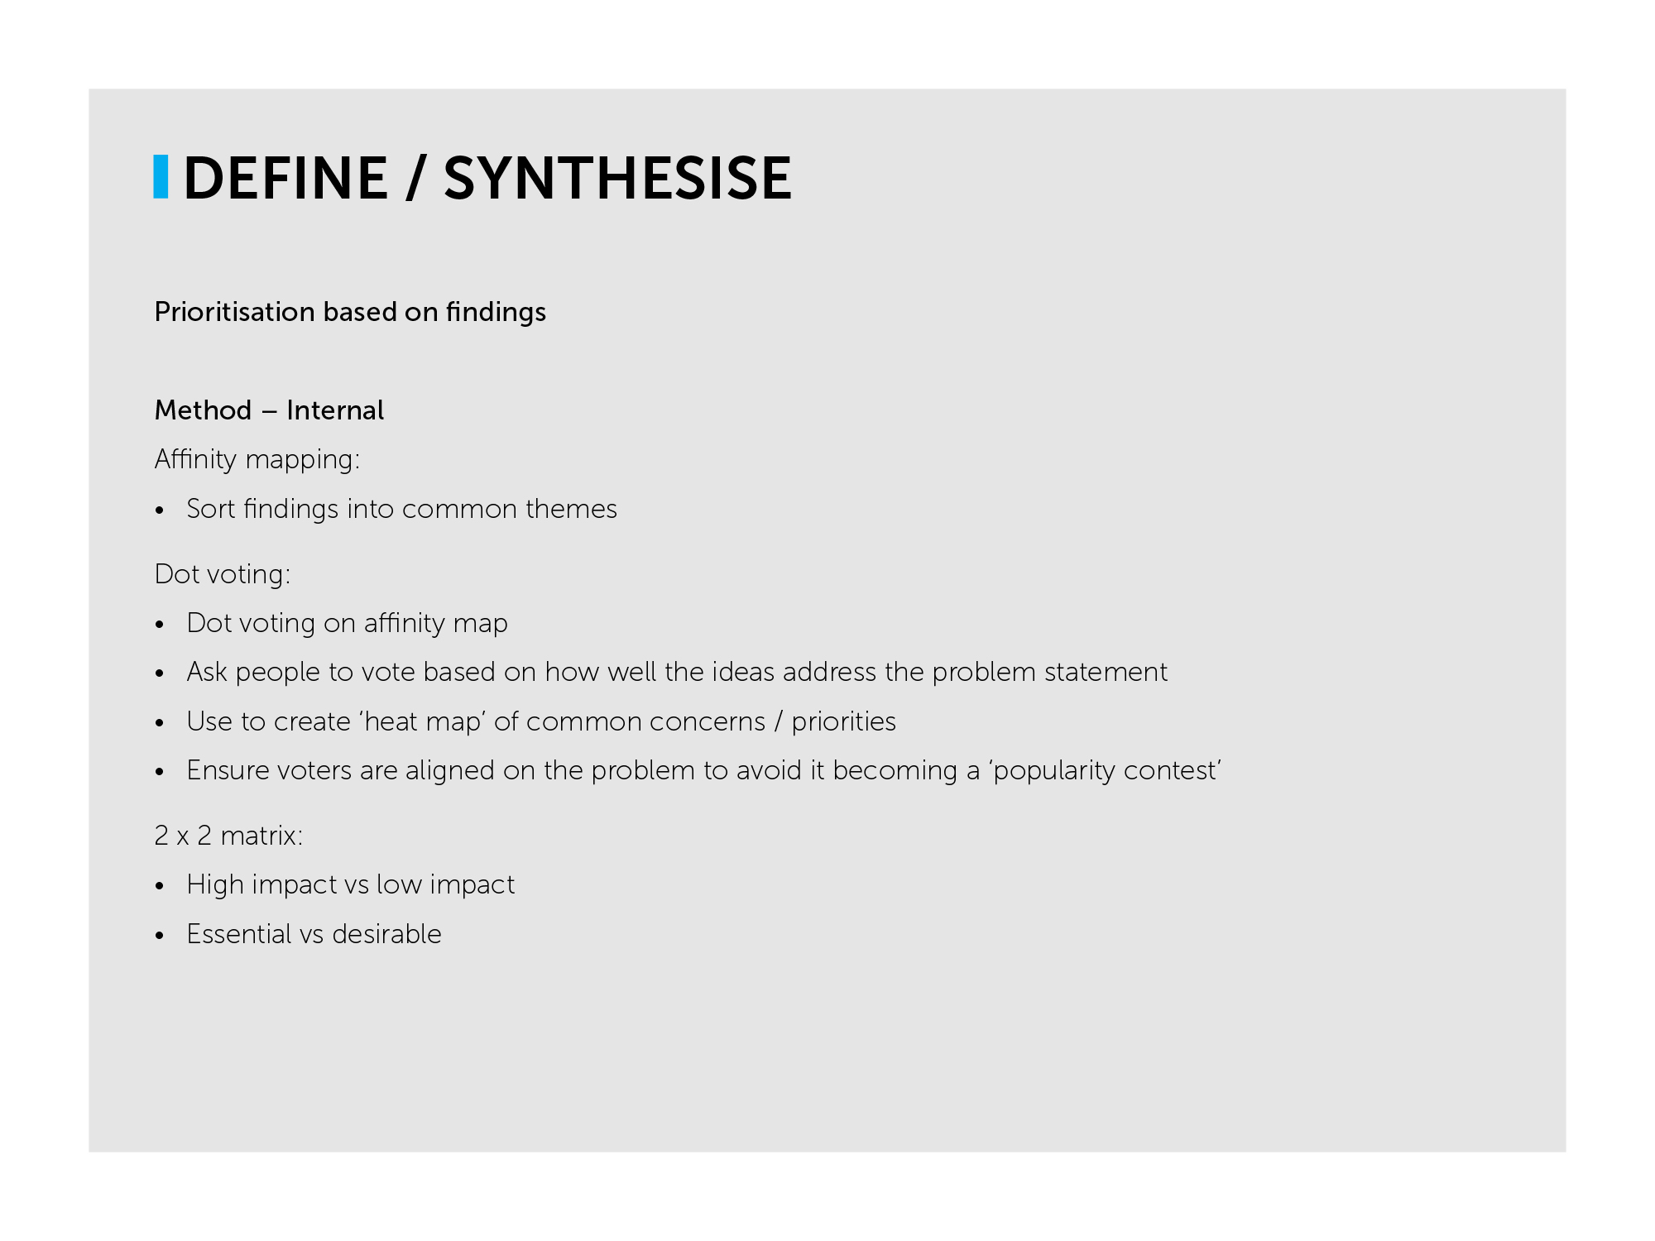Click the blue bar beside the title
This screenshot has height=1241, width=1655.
pos(161,177)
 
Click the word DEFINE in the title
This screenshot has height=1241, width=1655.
pos(285,178)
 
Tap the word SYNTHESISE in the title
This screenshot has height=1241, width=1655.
pos(618,178)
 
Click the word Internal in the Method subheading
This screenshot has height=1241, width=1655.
pos(335,410)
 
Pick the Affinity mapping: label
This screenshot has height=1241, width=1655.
pos(257,459)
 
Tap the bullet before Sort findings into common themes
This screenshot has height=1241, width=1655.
pos(161,510)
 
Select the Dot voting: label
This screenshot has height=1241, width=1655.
pos(223,574)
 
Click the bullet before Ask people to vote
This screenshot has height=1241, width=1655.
pos(161,673)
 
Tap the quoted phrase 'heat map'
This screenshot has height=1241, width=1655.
pos(422,721)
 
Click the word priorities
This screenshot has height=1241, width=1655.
pos(843,721)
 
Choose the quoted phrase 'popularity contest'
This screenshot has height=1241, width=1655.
pos(1106,770)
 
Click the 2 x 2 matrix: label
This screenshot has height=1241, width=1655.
pos(228,836)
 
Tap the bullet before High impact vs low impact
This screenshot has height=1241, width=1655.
pos(161,886)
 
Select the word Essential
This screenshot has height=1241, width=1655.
pos(239,934)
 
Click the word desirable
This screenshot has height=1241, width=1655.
pos(386,934)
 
